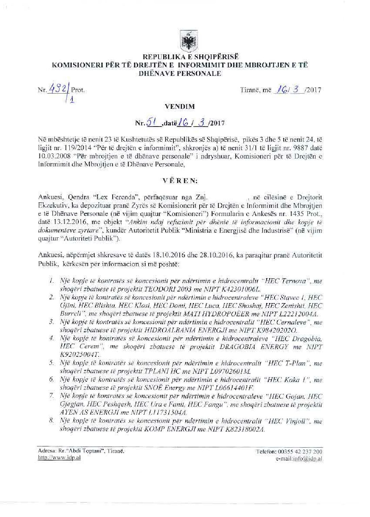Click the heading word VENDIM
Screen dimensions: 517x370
pyautogui.click(x=180, y=106)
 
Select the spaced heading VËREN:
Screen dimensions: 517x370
pyautogui.click(x=180, y=181)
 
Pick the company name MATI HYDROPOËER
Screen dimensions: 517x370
pyautogui.click(x=210, y=314)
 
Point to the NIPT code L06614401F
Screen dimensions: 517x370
pyautogui.click(x=231, y=388)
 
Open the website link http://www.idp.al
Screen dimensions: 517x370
pyautogui.click(x=59, y=457)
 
